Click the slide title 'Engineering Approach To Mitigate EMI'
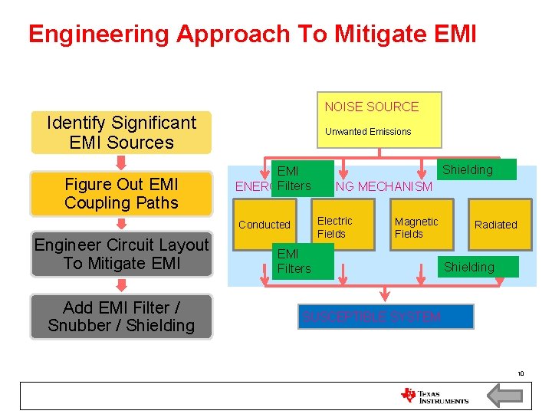[x=252, y=34]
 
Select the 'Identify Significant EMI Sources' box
[x=121, y=133]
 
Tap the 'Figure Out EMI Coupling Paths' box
[x=121, y=193]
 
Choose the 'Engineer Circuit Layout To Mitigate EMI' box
[x=121, y=254]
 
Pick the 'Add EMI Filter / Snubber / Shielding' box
[x=121, y=316]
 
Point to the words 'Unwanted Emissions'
[x=368, y=132]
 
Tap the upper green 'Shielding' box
[x=468, y=169]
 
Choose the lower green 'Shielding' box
[x=469, y=267]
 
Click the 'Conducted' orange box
[x=264, y=225]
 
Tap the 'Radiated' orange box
[x=496, y=225]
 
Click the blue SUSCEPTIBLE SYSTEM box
[x=386, y=317]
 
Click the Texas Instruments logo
[x=434, y=396]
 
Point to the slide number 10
[x=520, y=373]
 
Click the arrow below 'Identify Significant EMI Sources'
[x=121, y=162]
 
